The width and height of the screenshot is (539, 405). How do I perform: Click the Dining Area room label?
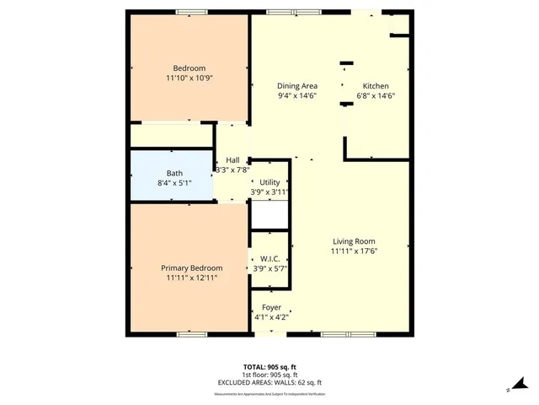tap(297, 86)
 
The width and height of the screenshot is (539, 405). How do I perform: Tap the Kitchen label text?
tap(375, 86)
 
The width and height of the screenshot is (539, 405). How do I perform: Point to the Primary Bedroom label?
tap(191, 267)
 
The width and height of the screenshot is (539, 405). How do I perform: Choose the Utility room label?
tap(269, 182)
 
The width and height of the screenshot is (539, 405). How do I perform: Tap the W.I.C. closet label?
tap(269, 259)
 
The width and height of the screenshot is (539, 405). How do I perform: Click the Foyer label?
tap(271, 307)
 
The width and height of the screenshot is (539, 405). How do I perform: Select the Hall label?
tap(232, 160)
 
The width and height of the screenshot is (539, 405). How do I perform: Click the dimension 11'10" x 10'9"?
tap(189, 78)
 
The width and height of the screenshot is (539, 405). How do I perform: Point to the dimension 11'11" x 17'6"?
tap(354, 251)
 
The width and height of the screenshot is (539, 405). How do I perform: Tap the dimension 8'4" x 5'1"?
tap(151, 183)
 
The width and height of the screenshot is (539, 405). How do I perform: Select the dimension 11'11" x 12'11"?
tap(191, 278)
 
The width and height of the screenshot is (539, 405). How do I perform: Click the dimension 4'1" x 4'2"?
tap(271, 317)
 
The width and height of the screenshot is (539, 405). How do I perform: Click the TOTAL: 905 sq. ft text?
tap(269, 366)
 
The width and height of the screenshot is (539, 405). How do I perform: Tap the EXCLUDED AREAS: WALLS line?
tap(269, 382)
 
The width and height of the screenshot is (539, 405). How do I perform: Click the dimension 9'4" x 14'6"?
tap(297, 96)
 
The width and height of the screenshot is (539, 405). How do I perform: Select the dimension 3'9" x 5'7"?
tap(269, 269)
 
